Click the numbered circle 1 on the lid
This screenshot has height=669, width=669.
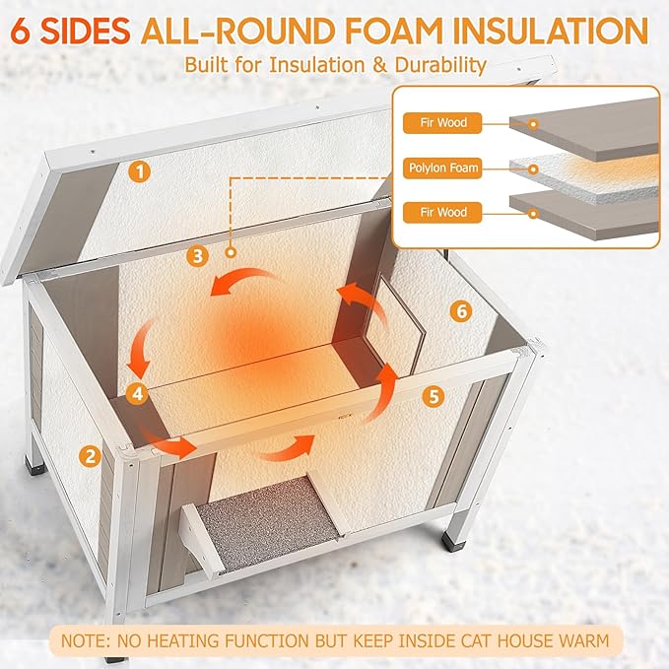pyautogui.click(x=141, y=171)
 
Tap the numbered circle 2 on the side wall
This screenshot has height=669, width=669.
pyautogui.click(x=91, y=455)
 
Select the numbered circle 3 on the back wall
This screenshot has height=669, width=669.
pyautogui.click(x=199, y=256)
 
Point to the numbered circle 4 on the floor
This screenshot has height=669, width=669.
pyautogui.click(x=138, y=392)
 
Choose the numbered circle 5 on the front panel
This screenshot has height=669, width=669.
pyautogui.click(x=432, y=396)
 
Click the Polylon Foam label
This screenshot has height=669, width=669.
pyautogui.click(x=443, y=168)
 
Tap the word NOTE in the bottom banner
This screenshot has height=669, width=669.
pyautogui.click(x=87, y=640)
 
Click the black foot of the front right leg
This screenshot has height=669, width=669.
pyautogui.click(x=455, y=540)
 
